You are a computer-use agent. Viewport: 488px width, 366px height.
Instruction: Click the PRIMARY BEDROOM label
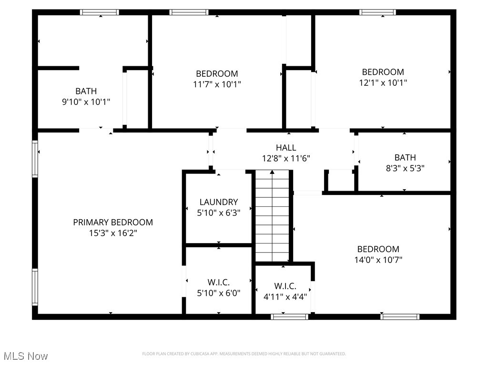tap(113, 222)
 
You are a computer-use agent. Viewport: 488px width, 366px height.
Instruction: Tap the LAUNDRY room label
tap(219, 202)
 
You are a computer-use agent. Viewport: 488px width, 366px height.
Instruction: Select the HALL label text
tap(286, 148)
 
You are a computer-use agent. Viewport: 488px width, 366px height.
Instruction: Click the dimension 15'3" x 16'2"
tap(113, 233)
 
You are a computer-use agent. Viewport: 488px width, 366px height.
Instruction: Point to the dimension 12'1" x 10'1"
tap(383, 82)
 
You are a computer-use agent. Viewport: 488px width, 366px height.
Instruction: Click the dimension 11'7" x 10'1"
tap(217, 84)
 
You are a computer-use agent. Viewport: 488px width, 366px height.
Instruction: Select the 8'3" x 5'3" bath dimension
tap(405, 168)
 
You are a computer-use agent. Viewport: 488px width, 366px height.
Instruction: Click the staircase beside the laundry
tap(272, 217)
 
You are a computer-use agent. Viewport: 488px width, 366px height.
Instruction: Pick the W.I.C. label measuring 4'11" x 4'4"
tap(285, 286)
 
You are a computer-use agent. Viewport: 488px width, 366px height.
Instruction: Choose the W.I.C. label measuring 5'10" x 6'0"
tap(219, 283)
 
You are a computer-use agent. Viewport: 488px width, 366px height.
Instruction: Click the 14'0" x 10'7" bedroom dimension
tap(378, 260)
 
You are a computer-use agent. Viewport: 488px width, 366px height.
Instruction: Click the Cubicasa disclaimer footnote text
tap(244, 354)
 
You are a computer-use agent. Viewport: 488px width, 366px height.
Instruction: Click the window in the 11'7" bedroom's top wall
tap(189, 12)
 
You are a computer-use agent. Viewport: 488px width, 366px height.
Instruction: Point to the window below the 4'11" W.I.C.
tap(289, 316)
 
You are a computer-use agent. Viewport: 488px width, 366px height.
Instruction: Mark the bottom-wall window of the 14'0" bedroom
tap(400, 316)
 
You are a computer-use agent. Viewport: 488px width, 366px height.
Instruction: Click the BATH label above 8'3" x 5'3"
tap(405, 157)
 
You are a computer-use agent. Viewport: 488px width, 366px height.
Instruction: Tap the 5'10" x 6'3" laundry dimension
tap(219, 213)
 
